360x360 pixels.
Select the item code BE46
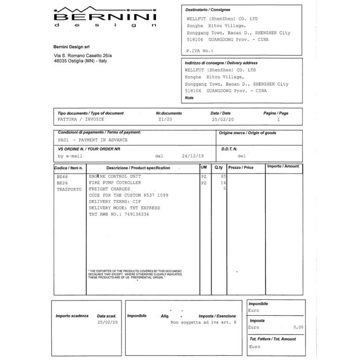62,177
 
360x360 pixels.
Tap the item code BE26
62,183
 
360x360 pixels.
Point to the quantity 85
223,177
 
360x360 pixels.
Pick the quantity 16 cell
223,183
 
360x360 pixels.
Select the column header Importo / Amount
283,167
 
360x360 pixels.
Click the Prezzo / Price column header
240,168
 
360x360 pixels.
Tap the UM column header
204,167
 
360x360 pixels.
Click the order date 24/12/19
192,156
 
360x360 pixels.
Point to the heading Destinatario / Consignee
207,10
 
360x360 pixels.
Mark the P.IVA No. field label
200,50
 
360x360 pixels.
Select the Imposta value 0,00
298,327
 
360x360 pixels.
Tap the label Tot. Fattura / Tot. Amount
272,339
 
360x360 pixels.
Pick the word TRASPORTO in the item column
69,189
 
